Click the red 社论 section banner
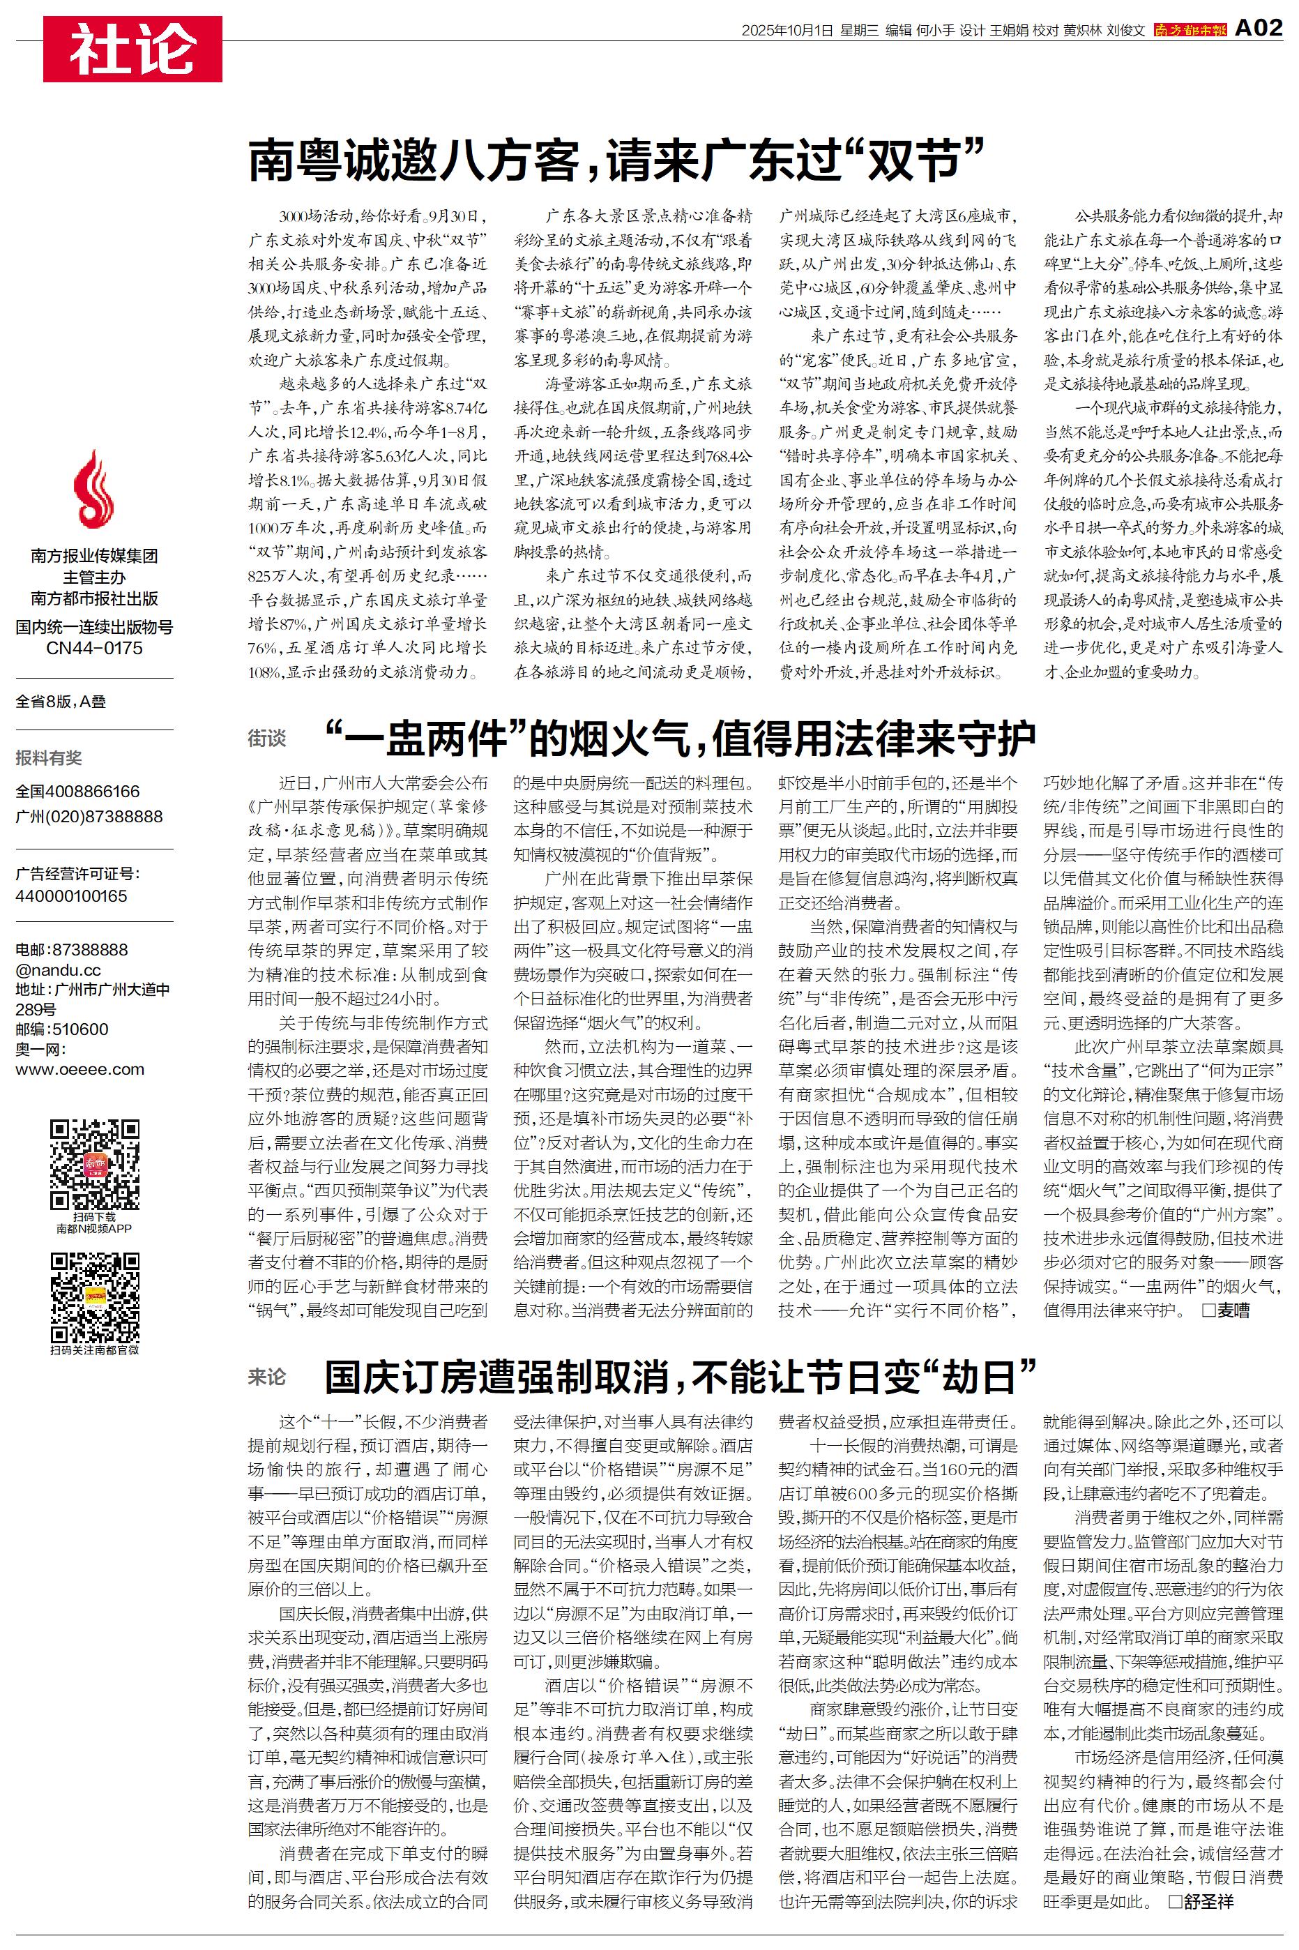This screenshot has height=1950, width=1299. pos(132,50)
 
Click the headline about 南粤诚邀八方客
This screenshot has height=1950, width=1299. pos(616,160)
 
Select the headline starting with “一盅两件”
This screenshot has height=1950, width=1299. pos(679,738)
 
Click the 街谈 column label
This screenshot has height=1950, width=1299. pos(267,738)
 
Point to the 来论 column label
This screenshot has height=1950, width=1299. pos(267,1377)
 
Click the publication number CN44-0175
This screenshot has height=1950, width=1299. pos(94,648)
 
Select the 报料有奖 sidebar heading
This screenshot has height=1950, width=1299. pos(49,757)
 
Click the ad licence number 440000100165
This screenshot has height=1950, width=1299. pos(71,895)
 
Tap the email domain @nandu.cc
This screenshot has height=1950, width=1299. pos(58,969)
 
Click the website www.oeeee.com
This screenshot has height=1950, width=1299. pos(80,1068)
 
